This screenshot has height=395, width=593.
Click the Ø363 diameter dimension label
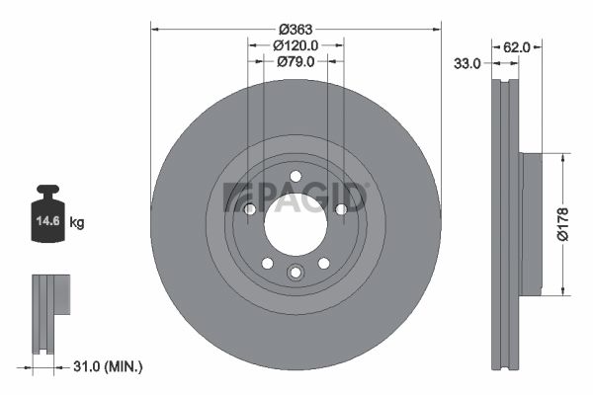pyautogui.click(x=296, y=29)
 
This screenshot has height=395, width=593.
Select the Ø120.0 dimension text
pyautogui.click(x=296, y=45)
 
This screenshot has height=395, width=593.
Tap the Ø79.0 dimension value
pyautogui.click(x=296, y=61)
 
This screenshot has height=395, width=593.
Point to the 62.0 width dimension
pyautogui.click(x=517, y=47)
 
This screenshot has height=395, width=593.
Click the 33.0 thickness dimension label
pyautogui.click(x=467, y=63)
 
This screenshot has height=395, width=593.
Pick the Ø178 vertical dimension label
pyautogui.click(x=562, y=224)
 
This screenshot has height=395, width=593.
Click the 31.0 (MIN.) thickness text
pyautogui.click(x=108, y=366)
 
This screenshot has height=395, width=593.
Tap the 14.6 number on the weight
pyautogui.click(x=48, y=221)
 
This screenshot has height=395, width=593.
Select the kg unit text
pyautogui.click(x=77, y=222)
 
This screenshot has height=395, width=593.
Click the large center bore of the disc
pyautogui.click(x=296, y=224)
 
